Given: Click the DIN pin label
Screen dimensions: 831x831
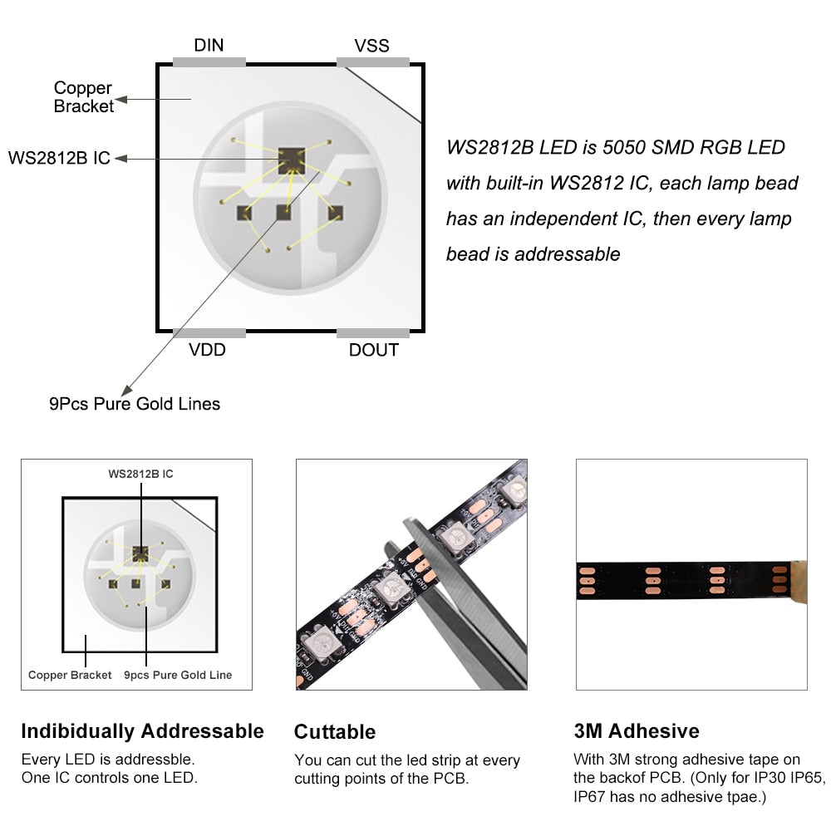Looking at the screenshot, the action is click(209, 45).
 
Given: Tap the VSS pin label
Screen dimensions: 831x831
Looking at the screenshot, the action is click(371, 46).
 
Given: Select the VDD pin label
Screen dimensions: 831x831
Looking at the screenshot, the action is click(207, 350).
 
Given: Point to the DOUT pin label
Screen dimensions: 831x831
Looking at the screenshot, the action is click(374, 350).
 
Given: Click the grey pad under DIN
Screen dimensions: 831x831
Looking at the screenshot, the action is click(209, 62).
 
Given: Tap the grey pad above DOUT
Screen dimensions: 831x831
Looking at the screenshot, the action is click(373, 333).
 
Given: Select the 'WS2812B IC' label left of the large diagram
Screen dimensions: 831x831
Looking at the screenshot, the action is click(59, 158).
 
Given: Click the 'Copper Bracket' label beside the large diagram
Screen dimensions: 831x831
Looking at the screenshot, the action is click(83, 97).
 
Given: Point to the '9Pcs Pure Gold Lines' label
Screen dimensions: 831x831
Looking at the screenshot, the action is click(135, 404).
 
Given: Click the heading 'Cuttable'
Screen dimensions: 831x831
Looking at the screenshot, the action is click(335, 732).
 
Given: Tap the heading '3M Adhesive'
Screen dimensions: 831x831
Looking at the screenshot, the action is click(637, 730).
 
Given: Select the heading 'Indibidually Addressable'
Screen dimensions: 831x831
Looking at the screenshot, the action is click(143, 731).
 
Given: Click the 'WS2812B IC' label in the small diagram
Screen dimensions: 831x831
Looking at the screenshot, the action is click(140, 474).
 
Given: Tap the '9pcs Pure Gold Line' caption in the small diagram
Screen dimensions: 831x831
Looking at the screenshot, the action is click(178, 675).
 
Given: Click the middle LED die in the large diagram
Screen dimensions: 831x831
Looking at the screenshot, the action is click(284, 213).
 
